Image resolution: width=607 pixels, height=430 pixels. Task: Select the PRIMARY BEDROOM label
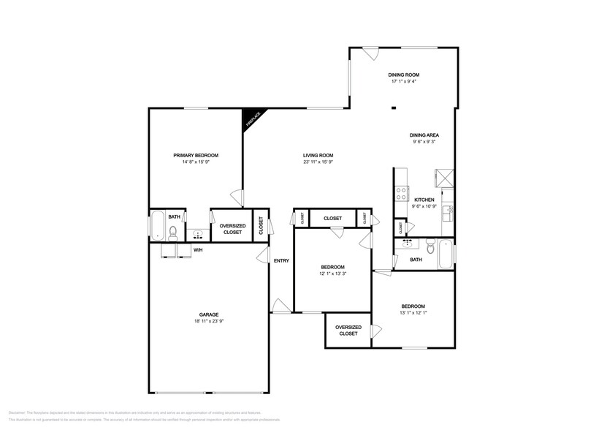point(196,155)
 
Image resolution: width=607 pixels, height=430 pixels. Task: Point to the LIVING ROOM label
point(318,155)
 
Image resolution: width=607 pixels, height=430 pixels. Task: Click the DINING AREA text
point(424,135)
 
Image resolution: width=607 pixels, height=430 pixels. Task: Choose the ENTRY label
point(281,261)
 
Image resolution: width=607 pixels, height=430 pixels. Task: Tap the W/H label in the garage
point(198,251)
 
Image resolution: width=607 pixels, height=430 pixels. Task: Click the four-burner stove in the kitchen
point(401,194)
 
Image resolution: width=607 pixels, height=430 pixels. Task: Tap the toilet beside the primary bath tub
point(173,233)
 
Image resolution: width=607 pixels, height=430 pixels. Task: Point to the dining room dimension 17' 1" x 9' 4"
point(403,81)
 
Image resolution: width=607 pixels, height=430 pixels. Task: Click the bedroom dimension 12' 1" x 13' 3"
point(332,274)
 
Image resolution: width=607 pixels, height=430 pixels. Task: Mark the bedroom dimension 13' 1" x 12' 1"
point(413,313)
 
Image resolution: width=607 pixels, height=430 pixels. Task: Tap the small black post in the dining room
point(394,109)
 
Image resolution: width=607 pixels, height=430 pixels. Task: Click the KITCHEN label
point(424,200)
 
